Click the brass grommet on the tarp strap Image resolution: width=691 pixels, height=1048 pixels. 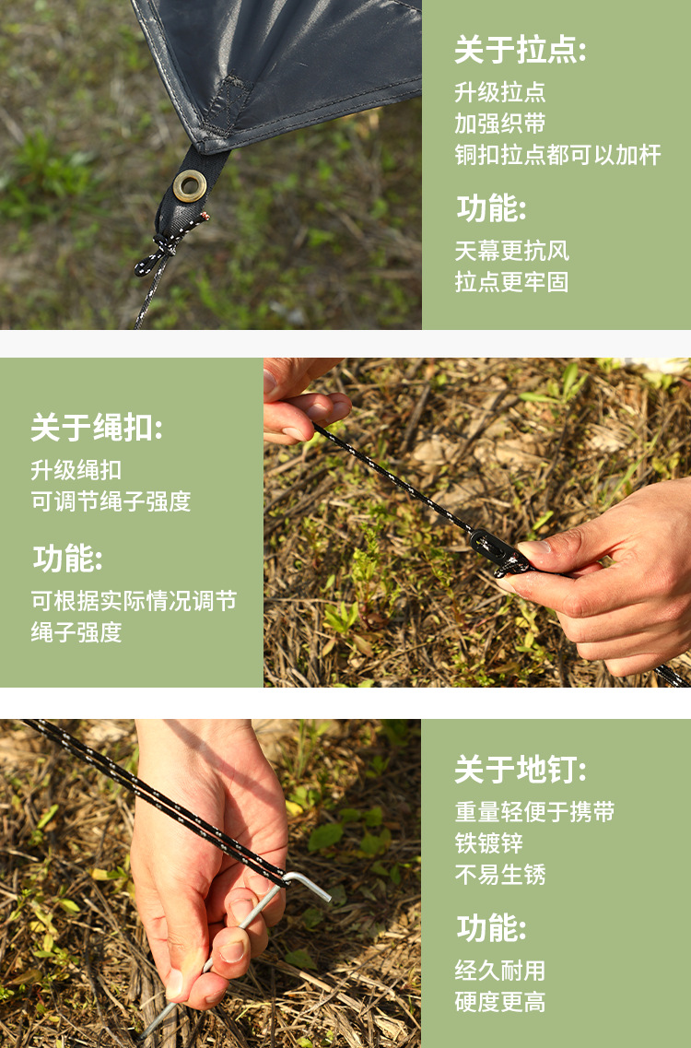click(190, 186)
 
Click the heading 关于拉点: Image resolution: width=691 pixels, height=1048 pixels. click(521, 50)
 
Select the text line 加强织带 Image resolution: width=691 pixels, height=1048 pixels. click(500, 123)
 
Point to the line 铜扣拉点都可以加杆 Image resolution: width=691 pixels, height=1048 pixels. click(558, 155)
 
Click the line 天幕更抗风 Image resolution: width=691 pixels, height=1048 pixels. click(512, 251)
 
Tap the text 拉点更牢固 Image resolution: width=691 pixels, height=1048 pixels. click(512, 281)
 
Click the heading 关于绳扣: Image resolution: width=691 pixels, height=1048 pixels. click(97, 427)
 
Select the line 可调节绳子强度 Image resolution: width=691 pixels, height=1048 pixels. click(111, 500)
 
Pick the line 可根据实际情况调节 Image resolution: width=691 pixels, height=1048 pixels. click(134, 600)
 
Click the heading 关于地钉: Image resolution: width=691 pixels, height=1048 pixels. click(521, 770)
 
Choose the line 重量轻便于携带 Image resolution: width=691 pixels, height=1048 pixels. click(534, 811)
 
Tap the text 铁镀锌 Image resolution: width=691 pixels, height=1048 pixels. click(488, 842)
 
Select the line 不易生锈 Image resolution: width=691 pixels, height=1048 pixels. click(500, 874)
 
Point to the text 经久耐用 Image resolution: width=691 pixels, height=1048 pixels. click(500, 970)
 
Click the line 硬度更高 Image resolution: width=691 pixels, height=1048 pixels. click(500, 1001)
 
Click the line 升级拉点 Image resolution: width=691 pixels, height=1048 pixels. click(500, 92)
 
